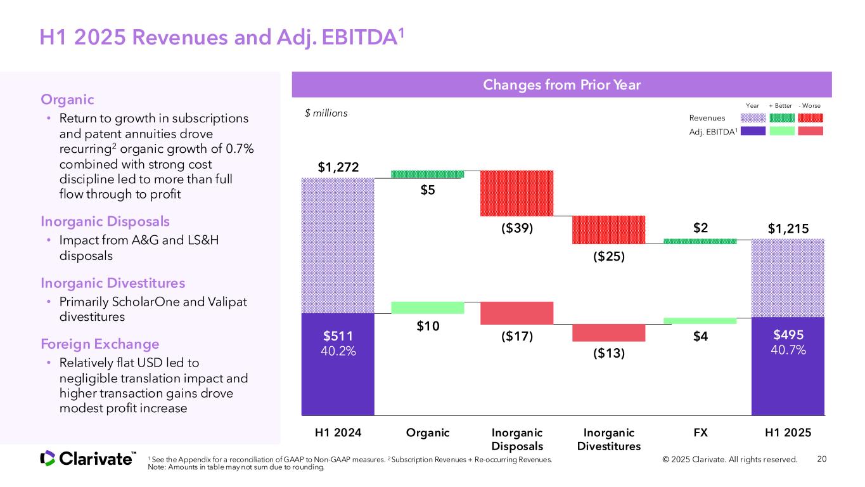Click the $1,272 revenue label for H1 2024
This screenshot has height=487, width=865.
[338, 167]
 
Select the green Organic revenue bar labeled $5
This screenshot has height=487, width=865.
[427, 174]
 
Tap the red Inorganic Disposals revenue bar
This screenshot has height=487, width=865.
[517, 193]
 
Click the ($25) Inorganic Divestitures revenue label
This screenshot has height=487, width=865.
[609, 257]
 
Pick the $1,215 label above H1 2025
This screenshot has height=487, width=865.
[788, 228]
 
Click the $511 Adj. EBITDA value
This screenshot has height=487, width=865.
[338, 335]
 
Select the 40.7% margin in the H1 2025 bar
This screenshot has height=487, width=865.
[788, 349]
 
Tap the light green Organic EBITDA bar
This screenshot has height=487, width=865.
[427, 308]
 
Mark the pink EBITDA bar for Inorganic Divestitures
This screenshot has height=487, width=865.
[609, 332]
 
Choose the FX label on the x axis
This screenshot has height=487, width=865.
[700, 433]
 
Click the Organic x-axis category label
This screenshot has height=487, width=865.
[427, 433]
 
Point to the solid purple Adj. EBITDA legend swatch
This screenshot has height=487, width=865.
[753, 131]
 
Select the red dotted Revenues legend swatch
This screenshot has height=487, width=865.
[811, 118]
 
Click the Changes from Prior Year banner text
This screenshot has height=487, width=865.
[561, 84]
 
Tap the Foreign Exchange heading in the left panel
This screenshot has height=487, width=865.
[100, 344]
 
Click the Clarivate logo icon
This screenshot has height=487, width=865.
[48, 458]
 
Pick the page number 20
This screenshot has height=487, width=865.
[823, 459]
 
